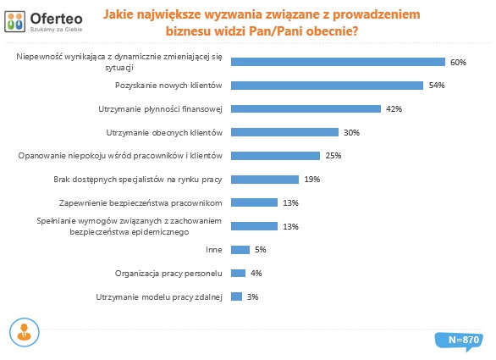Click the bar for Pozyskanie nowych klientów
pos(327,85)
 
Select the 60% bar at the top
pos(338,62)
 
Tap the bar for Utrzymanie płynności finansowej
pos(306,108)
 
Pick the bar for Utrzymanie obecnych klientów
pos(284,132)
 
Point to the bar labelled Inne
pos(240,249)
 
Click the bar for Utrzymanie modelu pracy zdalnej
pos(237,296)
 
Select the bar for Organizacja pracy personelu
pos(238,273)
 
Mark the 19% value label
pos(311,180)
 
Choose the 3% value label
pos(252,296)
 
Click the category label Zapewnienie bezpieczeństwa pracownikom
pos(141,202)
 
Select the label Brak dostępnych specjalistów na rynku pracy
pos(138,179)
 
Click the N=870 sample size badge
pos(463,339)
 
